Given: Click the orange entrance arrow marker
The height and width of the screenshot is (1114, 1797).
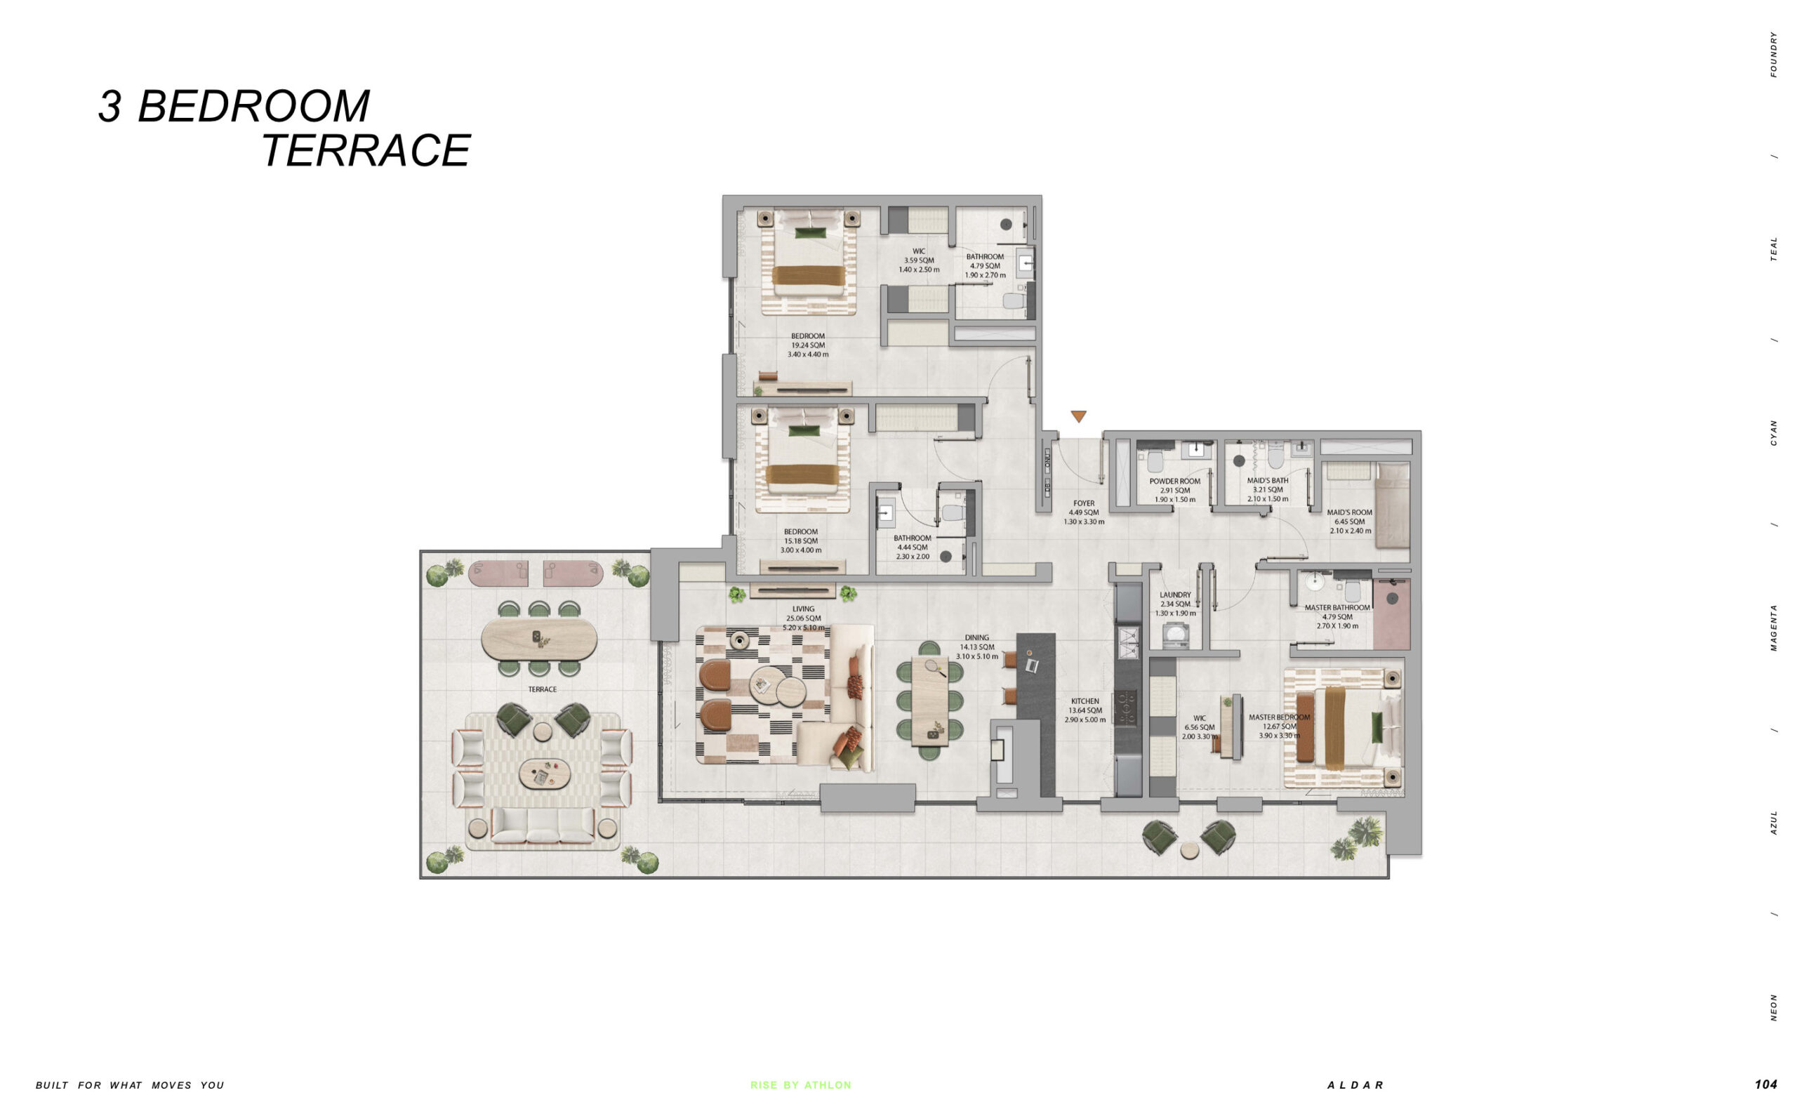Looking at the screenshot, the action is pos(1078,416).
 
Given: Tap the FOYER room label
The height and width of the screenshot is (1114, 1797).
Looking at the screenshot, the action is pos(1083,504).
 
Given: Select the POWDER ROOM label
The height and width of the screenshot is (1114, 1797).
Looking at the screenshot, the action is pos(1174,481).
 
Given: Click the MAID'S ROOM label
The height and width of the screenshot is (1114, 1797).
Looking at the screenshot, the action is pos(1349,512).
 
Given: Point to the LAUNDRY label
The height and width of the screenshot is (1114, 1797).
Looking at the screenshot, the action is pos(1174,595).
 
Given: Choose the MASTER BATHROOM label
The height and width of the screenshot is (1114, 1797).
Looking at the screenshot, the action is pos(1337,608).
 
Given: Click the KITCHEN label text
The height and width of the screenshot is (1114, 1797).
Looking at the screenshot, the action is pos(1085,701).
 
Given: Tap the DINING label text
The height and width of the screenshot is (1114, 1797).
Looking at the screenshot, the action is pos(976,638).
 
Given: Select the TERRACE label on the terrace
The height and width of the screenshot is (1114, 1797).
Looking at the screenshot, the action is pos(543,689).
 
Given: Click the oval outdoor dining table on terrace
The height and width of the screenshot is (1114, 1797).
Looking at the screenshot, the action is pos(539,639).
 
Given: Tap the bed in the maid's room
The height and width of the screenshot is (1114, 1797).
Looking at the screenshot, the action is pos(1391,505).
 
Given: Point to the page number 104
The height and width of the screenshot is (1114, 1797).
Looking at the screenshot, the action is pos(1765,1084).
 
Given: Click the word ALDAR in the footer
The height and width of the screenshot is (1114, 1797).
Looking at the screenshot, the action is pos(1355,1085).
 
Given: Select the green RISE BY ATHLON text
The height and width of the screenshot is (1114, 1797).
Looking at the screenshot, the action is pos(801,1085).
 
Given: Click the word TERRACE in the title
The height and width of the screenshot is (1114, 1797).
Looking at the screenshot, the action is pos(366,150).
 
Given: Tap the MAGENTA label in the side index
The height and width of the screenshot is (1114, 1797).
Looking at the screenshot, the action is pos(1773,627).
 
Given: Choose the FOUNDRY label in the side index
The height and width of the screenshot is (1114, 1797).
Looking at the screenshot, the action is pos(1773,54).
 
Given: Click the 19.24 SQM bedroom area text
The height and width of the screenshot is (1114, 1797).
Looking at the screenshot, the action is pos(807,345).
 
